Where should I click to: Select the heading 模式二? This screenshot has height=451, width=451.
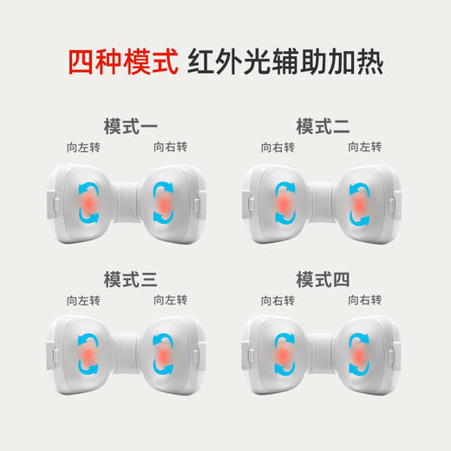[x=323, y=127]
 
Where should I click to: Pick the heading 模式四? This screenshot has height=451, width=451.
[x=323, y=280]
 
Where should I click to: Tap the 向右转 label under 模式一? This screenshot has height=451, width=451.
[x=170, y=147]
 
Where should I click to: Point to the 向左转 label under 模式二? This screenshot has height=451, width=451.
[x=365, y=147]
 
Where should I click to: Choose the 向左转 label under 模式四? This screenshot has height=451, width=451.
[x=278, y=301]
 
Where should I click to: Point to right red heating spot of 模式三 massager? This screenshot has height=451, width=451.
[x=163, y=356]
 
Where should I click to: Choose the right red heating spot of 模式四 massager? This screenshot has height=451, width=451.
[x=357, y=356]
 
